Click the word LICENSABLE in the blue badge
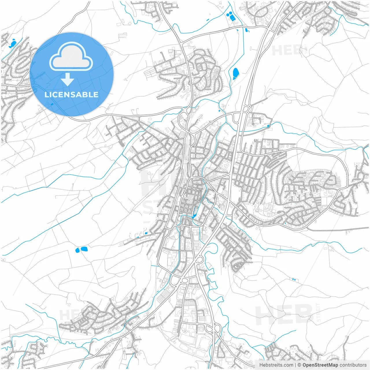pos(71,95)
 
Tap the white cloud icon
pos(71,56)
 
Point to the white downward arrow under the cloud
pos(67,79)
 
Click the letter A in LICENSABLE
pos(79,95)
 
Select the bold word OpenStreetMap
pos(320,365)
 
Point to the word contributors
pos(353,365)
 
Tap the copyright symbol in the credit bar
pos(299,365)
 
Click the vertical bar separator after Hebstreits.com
pos(295,365)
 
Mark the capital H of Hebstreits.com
pos(261,365)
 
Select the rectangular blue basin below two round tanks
pos(232,18)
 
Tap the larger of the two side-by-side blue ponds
pos(84,249)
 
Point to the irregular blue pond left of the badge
pos(12,44)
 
